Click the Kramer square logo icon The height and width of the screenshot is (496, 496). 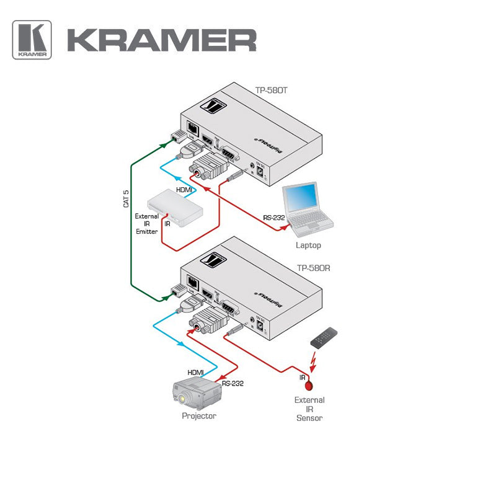(32, 40)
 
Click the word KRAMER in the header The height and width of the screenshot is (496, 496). (161, 40)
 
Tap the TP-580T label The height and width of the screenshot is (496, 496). (272, 90)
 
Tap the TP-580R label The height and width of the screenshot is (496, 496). (313, 268)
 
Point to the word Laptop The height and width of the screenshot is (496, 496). (308, 246)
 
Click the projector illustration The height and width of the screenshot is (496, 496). (197, 392)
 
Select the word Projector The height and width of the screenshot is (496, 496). (199, 416)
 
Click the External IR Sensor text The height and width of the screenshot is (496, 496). (309, 409)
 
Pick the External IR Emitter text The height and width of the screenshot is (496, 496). (147, 224)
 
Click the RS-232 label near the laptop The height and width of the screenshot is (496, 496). (274, 218)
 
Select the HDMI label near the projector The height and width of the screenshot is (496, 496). (196, 372)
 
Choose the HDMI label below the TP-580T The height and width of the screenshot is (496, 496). (184, 190)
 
